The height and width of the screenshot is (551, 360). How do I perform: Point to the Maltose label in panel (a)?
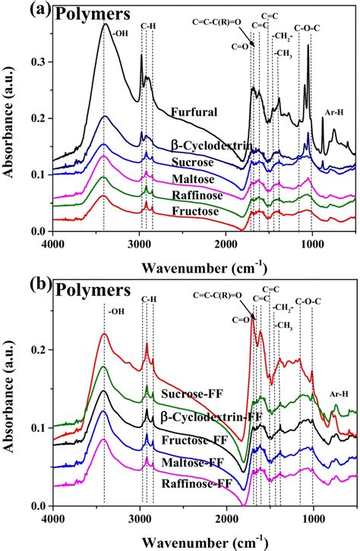point(191,179)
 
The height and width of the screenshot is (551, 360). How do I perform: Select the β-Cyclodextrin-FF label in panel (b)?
point(205,417)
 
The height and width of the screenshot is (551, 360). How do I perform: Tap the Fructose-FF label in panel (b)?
point(193,441)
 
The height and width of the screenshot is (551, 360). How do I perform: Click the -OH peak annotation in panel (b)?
point(117,310)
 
